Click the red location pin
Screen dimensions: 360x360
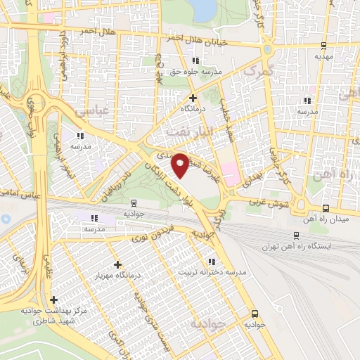pos(180,164)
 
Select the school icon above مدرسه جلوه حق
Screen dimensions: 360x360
pos(197,60)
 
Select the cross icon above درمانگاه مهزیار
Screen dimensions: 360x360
pos(117,265)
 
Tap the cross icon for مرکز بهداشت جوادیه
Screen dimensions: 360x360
pos(53,300)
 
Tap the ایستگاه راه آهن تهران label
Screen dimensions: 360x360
pos(297,247)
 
